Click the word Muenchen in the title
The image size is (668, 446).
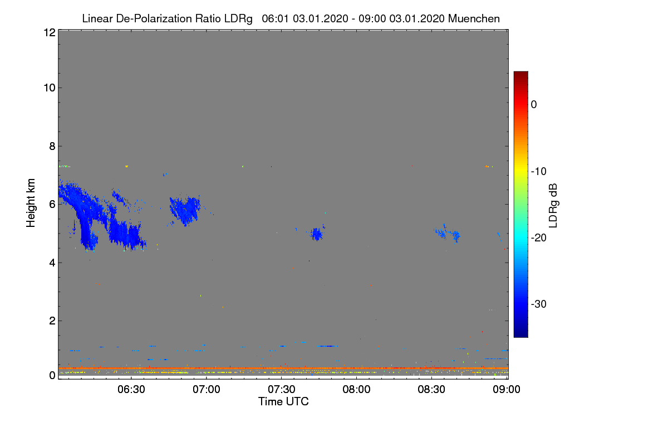pos(474,18)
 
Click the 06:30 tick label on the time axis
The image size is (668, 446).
pos(131,389)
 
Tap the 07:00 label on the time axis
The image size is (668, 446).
pos(207,389)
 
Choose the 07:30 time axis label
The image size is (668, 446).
pos(282,389)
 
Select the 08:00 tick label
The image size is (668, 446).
pos(356,389)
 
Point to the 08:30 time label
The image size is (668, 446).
pos(431,389)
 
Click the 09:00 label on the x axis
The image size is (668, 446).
pos(506,389)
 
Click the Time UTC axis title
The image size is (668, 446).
pos(283,401)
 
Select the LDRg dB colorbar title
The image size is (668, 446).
pos(553,205)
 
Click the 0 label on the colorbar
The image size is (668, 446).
pos(534,104)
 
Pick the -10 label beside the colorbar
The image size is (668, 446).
pos(538,171)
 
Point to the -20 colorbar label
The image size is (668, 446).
pos(538,237)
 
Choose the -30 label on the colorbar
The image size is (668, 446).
pos(538,304)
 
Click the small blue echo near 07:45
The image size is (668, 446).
pos(317,234)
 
